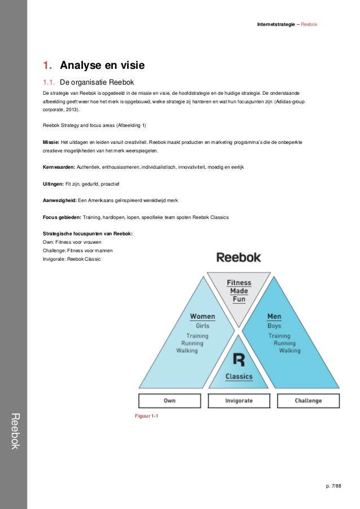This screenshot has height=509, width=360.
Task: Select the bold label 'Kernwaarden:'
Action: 59,168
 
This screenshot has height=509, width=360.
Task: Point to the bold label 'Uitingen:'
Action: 54,184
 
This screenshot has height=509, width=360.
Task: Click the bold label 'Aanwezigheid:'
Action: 60,200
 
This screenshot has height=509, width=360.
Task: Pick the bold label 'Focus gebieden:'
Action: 62,217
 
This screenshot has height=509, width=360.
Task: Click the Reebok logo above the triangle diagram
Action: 239,257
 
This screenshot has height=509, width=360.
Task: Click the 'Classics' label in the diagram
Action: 239,376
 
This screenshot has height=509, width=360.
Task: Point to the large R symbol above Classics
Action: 239,359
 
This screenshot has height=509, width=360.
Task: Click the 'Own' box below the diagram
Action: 170,401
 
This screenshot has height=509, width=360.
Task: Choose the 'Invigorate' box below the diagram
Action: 239,401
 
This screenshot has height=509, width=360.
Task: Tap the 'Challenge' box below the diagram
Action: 308,401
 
